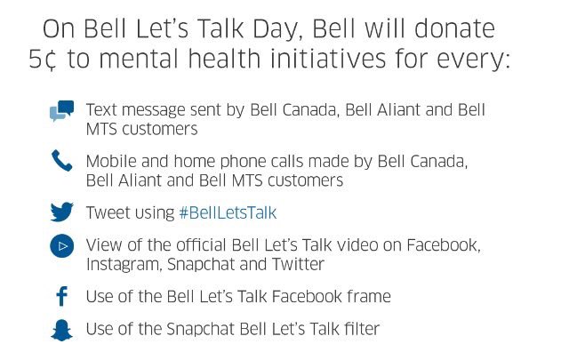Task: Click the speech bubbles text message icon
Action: [x=60, y=111]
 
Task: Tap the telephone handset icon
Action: [x=60, y=161]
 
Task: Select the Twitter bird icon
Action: [x=60, y=212]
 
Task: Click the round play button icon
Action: [x=60, y=246]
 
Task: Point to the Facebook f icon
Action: [x=60, y=297]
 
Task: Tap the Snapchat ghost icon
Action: [x=60, y=330]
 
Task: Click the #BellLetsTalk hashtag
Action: [x=228, y=213]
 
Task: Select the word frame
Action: [x=368, y=297]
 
